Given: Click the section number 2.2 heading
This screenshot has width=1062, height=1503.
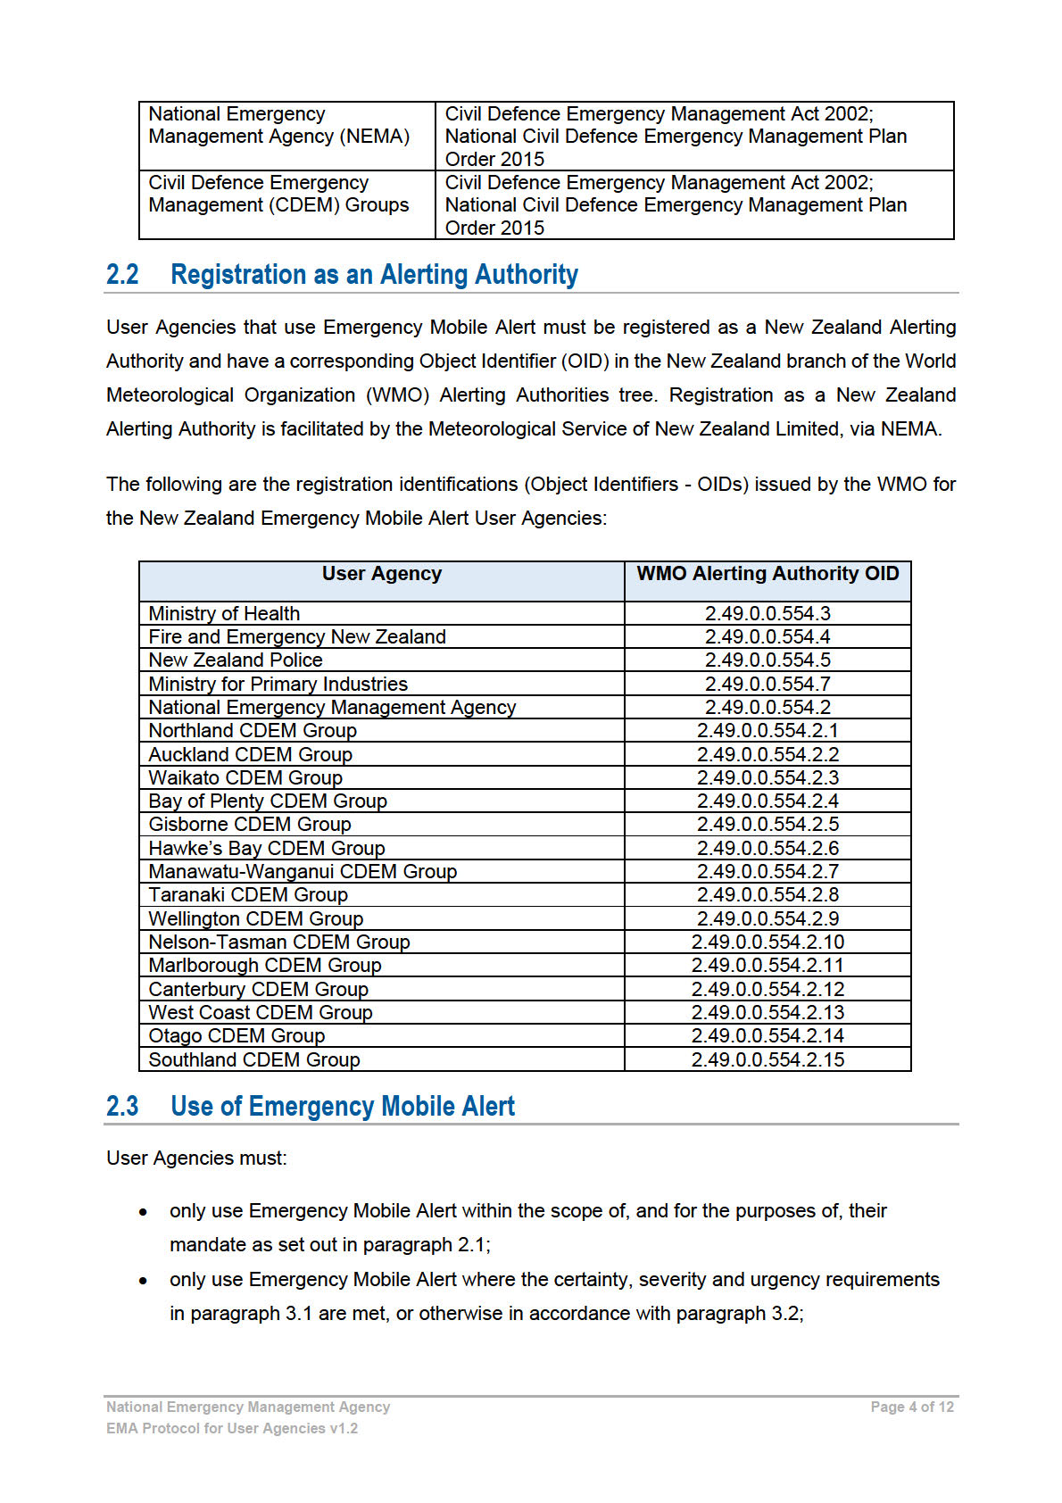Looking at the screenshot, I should click(x=122, y=274).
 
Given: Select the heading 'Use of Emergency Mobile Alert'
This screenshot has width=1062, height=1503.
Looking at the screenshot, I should click(x=342, y=1107).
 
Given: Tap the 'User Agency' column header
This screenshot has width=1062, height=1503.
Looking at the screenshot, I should click(x=381, y=574).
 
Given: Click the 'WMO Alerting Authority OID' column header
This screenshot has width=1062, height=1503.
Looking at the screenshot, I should click(x=767, y=574).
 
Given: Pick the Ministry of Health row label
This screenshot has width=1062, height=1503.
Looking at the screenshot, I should click(x=224, y=613).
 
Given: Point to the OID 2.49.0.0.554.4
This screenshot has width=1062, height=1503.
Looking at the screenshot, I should click(x=767, y=636).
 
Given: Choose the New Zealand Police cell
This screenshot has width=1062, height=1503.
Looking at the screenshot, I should click(x=236, y=660).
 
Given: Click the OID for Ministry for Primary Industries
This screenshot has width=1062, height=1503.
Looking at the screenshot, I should click(x=767, y=684).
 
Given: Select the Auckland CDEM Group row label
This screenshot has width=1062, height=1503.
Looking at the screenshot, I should click(x=250, y=754).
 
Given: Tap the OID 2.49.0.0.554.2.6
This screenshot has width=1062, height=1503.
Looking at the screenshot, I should click(x=767, y=848).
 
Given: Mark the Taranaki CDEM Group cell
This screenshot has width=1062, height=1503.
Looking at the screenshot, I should click(x=248, y=894).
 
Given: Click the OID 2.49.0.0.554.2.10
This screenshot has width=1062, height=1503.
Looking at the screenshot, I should click(x=767, y=942).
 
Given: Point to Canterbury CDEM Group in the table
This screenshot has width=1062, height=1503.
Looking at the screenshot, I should click(x=258, y=989).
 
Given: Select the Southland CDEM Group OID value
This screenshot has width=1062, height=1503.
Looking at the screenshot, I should click(x=767, y=1059).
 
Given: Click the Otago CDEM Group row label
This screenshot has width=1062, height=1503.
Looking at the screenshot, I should click(x=236, y=1035).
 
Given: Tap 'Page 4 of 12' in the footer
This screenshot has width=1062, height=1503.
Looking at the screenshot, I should click(x=912, y=1407).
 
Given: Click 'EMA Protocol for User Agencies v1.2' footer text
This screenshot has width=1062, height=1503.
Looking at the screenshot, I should click(x=232, y=1428).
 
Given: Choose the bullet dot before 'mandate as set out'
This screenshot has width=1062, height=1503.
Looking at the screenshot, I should click(x=143, y=1212).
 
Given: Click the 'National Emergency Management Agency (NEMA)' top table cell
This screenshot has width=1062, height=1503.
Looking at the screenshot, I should click(x=278, y=125).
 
